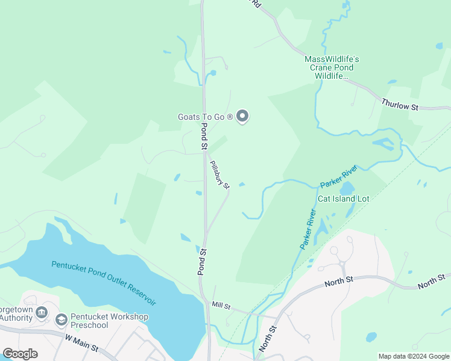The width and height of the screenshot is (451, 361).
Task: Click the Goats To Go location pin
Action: tap(242, 116)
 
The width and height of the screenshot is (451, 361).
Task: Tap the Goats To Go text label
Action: tap(205, 117)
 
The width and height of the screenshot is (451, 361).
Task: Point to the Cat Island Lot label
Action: tap(343, 199)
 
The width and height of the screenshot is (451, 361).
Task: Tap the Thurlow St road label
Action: tap(400, 105)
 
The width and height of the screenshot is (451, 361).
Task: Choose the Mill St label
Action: tap(221, 306)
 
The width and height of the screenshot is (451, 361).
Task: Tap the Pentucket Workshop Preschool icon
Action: tap(60, 319)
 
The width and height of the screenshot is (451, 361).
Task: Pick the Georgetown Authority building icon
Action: tap(42, 312)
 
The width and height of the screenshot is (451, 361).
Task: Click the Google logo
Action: tap(20, 353)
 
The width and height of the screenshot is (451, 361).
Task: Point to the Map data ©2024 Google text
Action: tap(414, 356)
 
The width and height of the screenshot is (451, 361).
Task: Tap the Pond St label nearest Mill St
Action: tap(203, 262)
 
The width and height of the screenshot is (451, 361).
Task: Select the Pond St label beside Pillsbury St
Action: tap(204, 137)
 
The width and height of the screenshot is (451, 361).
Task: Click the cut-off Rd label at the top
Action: tap(256, 4)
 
